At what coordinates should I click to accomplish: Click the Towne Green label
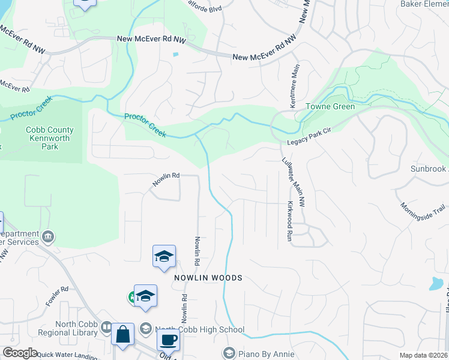point(330,107)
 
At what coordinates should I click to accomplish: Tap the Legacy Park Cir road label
point(309,140)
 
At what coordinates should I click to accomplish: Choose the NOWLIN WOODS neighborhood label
point(208,278)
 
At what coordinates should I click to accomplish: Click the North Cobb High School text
point(199,329)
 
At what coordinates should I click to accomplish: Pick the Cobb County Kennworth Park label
point(50,138)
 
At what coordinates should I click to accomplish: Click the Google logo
point(20,353)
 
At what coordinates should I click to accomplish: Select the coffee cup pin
point(167,339)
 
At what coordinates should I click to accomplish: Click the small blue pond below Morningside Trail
point(436,283)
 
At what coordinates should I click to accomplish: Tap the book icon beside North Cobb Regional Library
point(106,328)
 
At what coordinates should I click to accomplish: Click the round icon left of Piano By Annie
point(228,353)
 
